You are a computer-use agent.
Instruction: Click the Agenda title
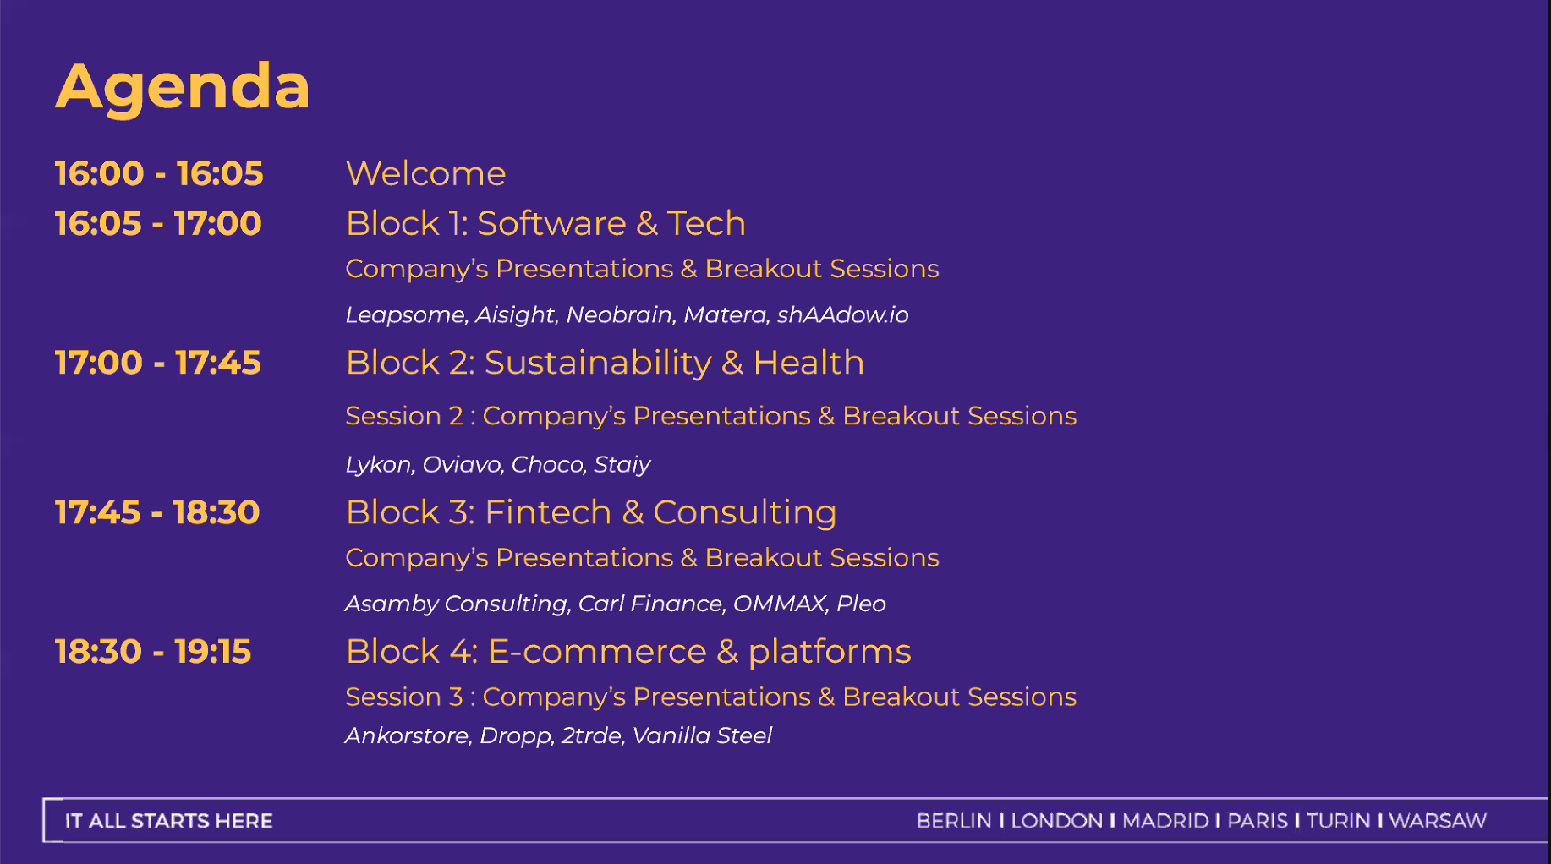click(x=183, y=88)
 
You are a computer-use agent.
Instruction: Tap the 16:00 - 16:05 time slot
click(x=159, y=173)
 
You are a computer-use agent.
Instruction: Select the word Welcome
click(x=425, y=173)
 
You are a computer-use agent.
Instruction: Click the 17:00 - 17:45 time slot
click(x=158, y=363)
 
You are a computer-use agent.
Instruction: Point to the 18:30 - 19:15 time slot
click(x=153, y=652)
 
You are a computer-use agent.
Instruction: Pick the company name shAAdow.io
click(x=842, y=314)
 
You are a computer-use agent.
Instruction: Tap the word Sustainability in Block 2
click(x=598, y=364)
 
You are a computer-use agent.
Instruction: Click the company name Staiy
click(x=622, y=465)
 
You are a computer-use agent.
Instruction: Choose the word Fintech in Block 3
click(x=548, y=512)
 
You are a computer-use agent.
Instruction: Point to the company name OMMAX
click(x=780, y=604)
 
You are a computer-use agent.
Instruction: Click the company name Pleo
click(x=861, y=604)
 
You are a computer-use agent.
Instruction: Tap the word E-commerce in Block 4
click(x=597, y=652)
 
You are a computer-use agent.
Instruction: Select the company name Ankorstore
click(x=408, y=735)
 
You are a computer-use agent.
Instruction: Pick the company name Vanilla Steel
click(x=702, y=735)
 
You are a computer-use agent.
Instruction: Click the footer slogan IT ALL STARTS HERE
click(x=169, y=821)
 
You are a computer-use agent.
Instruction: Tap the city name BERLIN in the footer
click(x=954, y=821)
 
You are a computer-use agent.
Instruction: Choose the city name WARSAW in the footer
click(x=1438, y=821)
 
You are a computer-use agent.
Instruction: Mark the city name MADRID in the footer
click(x=1165, y=821)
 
